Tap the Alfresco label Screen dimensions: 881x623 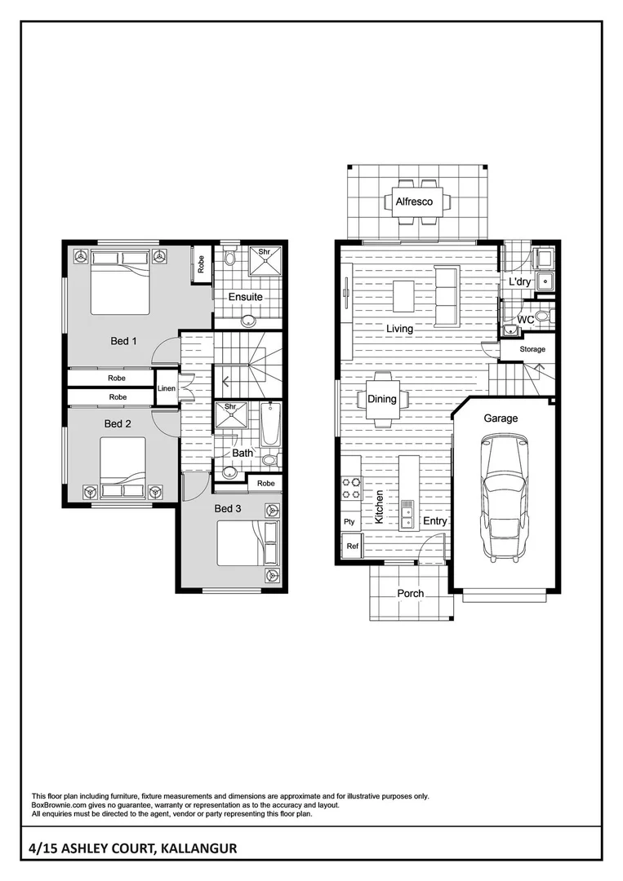click(414, 201)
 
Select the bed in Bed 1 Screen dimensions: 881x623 click(120, 282)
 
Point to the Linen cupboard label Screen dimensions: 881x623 click(167, 389)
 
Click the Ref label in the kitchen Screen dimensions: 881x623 click(353, 546)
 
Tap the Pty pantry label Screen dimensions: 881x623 click(349, 521)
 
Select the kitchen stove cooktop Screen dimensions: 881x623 click(351, 489)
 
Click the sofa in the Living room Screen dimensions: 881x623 click(447, 294)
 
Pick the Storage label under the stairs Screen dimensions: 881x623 click(532, 349)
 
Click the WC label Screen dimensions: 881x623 click(526, 320)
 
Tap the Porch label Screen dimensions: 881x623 click(410, 593)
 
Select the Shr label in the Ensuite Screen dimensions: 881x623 click(265, 252)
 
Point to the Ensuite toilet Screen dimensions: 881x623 click(229, 259)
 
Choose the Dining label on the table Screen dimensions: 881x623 click(381, 399)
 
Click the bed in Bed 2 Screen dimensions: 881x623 click(122, 466)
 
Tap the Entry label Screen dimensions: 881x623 click(434, 520)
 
